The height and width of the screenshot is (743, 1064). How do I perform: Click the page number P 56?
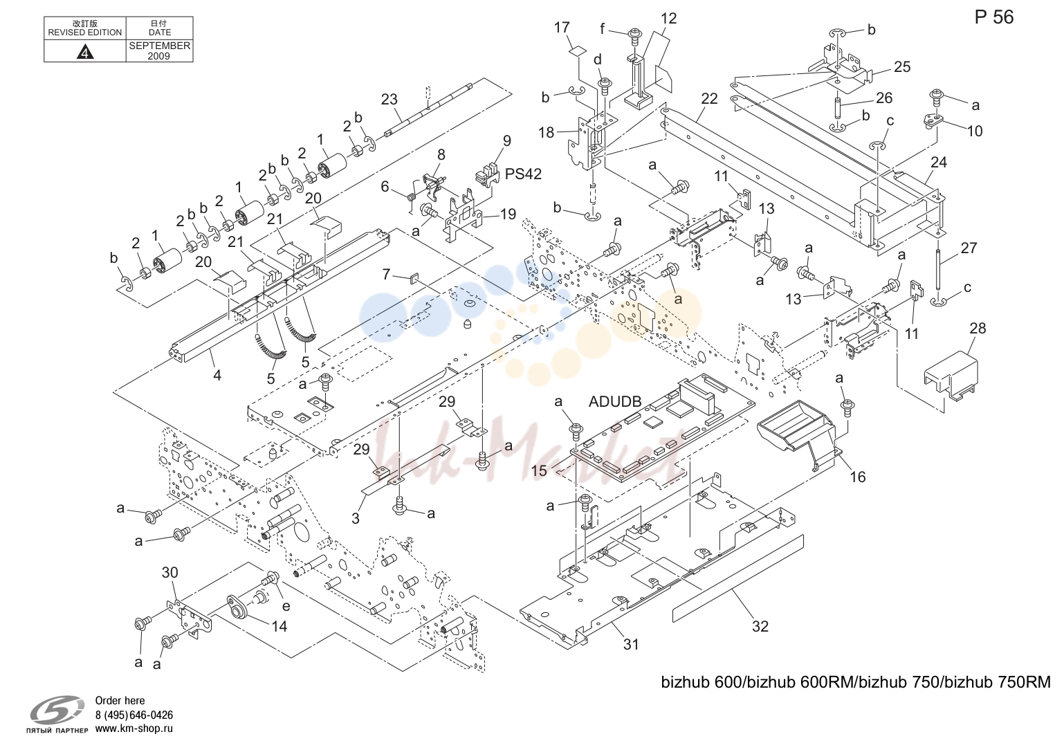coord(993,17)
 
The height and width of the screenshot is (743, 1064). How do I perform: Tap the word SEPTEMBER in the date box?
coord(160,46)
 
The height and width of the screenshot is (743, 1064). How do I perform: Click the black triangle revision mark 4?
coord(85,51)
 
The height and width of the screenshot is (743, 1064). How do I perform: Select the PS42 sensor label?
coord(523,174)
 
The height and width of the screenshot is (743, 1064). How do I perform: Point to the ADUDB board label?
coord(615,401)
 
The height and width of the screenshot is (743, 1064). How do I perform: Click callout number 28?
coord(978,328)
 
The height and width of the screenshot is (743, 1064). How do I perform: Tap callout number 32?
coord(760,626)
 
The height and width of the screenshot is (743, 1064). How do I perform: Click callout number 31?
coord(631,644)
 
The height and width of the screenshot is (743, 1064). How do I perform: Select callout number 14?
coord(279,626)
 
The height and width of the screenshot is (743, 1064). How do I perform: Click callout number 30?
coord(170,572)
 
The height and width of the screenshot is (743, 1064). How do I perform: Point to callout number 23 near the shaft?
coord(389,100)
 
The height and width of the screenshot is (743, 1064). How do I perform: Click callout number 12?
coord(668,18)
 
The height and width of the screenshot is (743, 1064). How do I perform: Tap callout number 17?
coord(562,28)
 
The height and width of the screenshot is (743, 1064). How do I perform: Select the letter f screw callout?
coord(603,28)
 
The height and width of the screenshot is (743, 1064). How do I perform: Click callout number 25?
coord(902,66)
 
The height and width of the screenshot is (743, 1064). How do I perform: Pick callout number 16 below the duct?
coord(857,477)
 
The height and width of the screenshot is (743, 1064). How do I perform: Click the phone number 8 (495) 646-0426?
coord(134,715)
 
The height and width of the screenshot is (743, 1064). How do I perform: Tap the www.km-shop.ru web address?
coord(134,728)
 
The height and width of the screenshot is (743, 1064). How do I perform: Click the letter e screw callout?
coord(286,606)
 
